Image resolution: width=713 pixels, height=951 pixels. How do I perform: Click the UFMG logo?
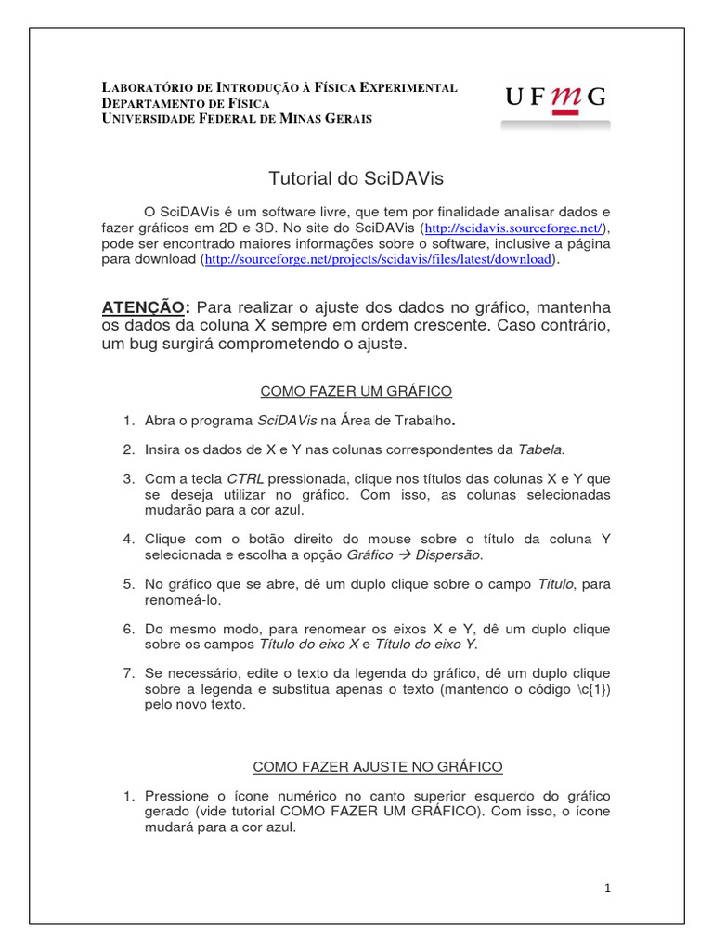(556, 98)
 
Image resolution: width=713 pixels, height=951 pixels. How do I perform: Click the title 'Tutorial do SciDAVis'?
(350, 177)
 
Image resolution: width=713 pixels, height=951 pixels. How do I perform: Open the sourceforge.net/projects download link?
(378, 260)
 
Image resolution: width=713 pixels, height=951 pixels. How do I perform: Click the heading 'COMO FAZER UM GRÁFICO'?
(356, 391)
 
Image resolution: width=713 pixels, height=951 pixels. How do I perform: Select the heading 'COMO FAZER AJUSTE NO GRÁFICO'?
(378, 766)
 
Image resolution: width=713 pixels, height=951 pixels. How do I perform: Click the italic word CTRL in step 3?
(246, 479)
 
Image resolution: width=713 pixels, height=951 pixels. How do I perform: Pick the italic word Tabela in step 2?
(539, 449)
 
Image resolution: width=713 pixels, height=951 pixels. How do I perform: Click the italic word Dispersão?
(448, 555)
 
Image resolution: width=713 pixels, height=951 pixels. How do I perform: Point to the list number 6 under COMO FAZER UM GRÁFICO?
(129, 629)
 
